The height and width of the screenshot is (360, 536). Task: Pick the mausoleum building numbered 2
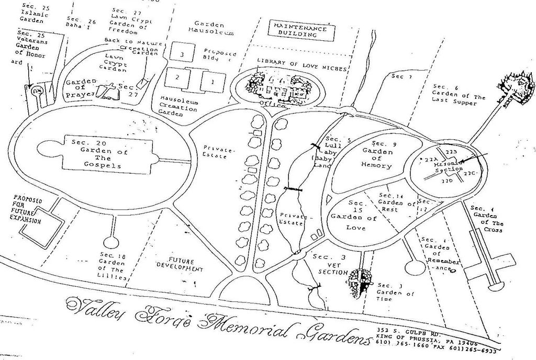pyautogui.click(x=177, y=77)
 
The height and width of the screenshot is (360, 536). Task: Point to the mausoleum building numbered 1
pyautogui.click(x=212, y=82)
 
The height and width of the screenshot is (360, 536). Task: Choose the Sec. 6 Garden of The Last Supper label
pyautogui.click(x=457, y=95)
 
